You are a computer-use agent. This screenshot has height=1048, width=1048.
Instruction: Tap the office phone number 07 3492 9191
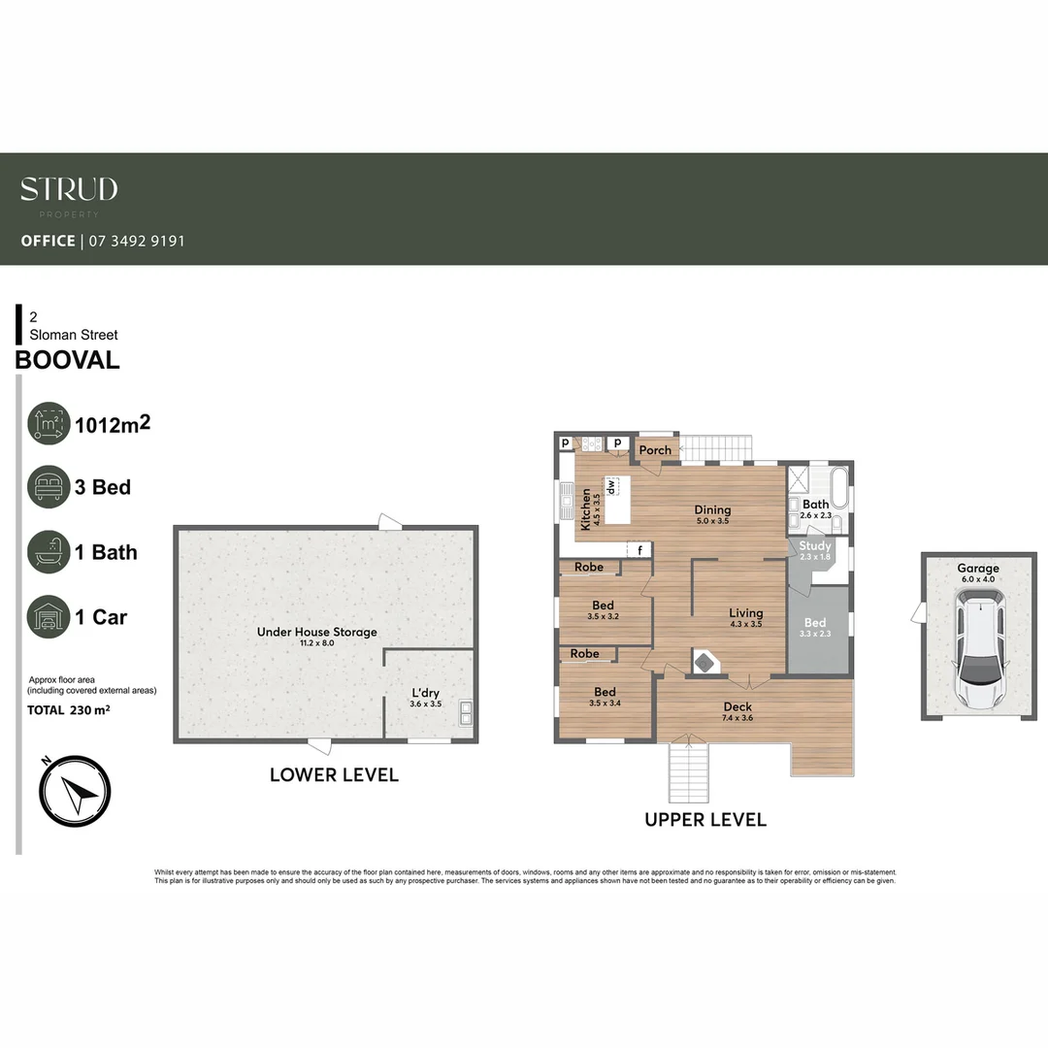point(136,241)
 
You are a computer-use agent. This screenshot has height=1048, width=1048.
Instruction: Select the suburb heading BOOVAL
point(68,360)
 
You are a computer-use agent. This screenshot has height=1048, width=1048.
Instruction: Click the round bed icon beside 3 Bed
point(49,487)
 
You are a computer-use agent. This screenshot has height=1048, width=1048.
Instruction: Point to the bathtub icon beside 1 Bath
point(49,552)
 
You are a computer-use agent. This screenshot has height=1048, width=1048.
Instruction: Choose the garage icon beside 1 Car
point(49,617)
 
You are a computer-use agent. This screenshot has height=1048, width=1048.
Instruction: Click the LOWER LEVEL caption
point(334,775)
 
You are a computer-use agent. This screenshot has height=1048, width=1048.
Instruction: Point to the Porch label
point(655,450)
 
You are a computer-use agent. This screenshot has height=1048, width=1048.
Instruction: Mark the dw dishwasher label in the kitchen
point(612,486)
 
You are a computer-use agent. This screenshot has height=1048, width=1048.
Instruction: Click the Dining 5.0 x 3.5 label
point(712,515)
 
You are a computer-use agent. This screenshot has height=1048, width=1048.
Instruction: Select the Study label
point(816,549)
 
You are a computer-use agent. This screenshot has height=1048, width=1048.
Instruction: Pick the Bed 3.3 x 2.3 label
point(814,628)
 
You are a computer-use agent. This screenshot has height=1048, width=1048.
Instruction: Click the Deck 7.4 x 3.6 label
point(737,712)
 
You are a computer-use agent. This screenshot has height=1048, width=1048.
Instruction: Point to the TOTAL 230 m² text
point(68,710)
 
